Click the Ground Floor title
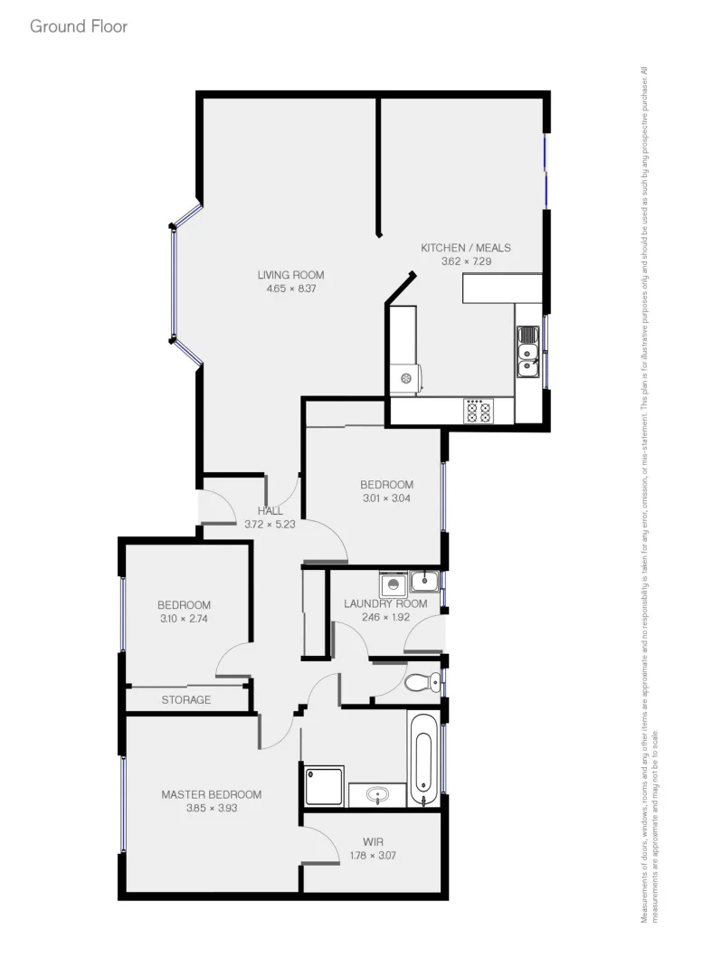coord(79,26)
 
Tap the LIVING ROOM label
coord(290,275)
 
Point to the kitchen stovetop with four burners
coord(478,412)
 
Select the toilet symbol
coord(421,682)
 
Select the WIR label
coord(373,840)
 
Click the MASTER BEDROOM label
coord(211,794)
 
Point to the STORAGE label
coord(186,699)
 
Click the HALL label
coord(270,510)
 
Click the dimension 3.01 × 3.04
coord(386,497)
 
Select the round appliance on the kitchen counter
coord(406,377)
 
